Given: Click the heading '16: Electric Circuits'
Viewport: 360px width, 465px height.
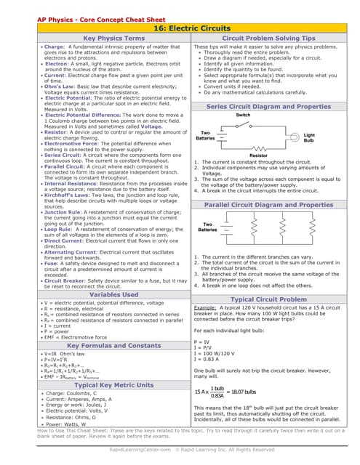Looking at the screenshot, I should point(180,27).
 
